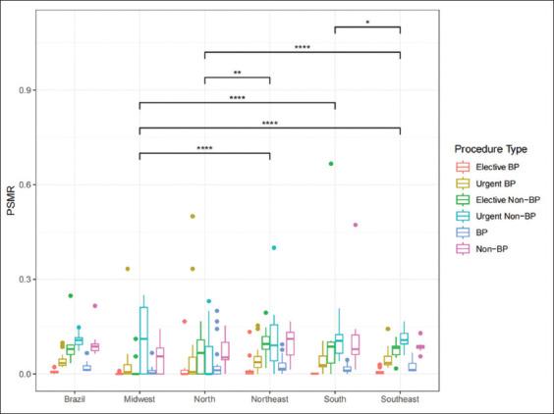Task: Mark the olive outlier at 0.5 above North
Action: tap(193, 216)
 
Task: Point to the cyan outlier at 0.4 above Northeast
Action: tap(274, 248)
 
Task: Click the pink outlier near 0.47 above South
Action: tap(355, 225)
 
